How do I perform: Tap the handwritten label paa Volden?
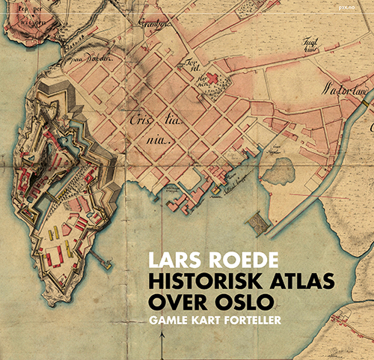coord(88,57)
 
